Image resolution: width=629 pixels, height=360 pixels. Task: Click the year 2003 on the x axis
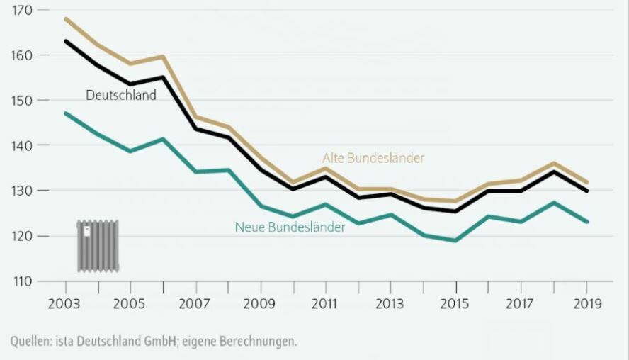coord(66,303)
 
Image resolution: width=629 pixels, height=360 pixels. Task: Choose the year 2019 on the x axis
coord(586,303)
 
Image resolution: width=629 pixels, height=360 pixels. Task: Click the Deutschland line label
coord(121,95)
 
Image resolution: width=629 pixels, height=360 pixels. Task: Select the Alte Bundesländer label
coord(373,158)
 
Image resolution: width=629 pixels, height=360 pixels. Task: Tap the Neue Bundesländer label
coord(290,227)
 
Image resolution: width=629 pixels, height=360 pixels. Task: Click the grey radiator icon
coord(98,246)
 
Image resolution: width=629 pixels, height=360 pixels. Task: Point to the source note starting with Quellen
coord(154,342)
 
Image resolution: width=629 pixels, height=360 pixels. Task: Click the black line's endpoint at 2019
coord(586,191)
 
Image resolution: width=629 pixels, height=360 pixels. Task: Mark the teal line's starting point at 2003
coord(66,113)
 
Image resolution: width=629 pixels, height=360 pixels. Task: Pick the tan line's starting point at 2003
coord(66,19)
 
